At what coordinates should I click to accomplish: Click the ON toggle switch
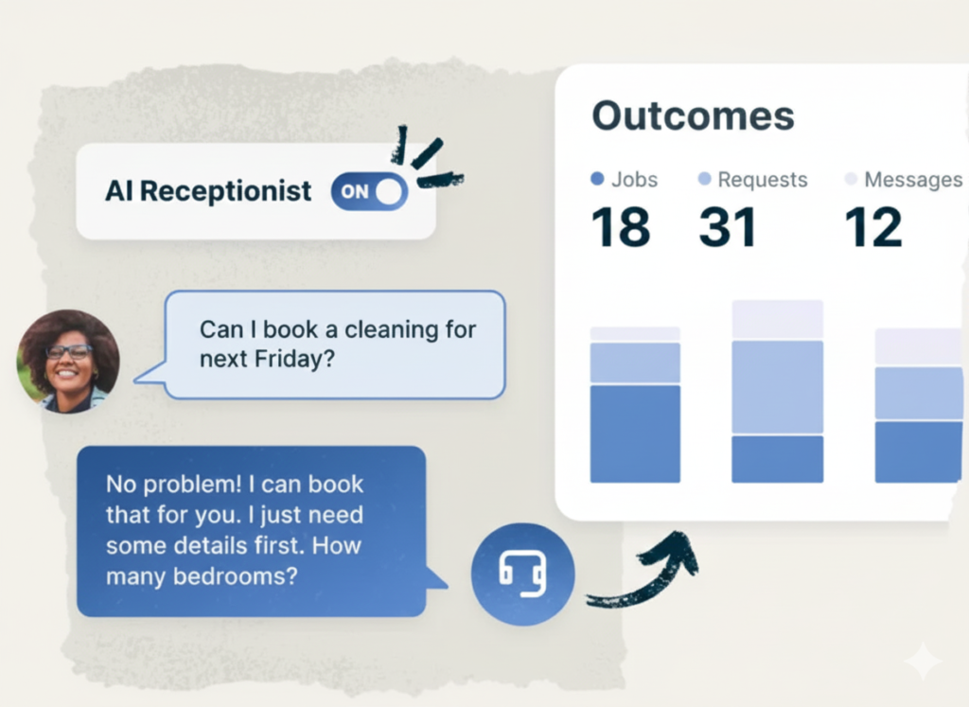(369, 191)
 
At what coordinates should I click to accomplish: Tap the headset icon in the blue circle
(522, 574)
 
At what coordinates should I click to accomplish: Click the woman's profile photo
(68, 362)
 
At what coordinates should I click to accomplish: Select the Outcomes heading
(693, 115)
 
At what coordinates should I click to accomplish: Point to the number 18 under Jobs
(621, 227)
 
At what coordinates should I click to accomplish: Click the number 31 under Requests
(728, 227)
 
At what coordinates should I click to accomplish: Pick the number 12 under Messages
(873, 227)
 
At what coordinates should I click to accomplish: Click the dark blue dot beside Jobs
(597, 179)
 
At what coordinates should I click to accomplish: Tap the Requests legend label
(763, 179)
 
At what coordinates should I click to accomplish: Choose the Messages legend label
(913, 179)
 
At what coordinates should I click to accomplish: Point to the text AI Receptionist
(208, 191)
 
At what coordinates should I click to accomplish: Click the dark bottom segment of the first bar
(635, 433)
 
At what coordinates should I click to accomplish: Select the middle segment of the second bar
(778, 387)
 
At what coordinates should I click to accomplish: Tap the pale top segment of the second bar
(778, 320)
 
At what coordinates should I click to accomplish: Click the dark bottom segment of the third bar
(919, 451)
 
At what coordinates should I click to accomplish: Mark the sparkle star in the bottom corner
(924, 661)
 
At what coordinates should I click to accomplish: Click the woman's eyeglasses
(68, 352)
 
